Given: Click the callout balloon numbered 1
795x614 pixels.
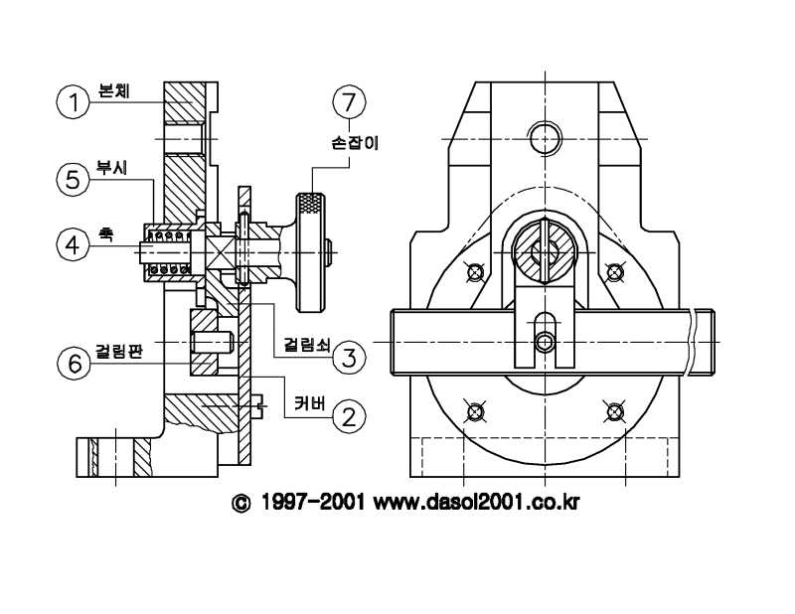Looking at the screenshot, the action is point(73,102).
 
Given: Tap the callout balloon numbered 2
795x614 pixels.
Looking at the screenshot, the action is point(349,416).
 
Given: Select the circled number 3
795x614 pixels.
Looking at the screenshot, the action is point(349,358).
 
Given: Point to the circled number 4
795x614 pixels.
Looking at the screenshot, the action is point(73,244).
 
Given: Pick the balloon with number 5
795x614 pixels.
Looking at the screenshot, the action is point(73,180).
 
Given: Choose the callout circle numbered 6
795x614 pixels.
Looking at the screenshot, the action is point(74,363).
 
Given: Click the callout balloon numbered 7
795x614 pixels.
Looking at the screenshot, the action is point(349,102).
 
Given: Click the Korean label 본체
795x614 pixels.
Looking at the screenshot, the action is point(114,90).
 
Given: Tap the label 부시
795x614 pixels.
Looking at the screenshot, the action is point(111,167).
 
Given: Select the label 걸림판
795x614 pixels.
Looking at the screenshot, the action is point(118,351).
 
